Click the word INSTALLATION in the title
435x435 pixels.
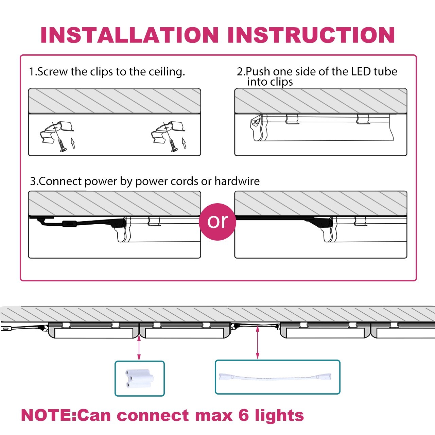(129, 35)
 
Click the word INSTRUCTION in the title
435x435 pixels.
(311, 35)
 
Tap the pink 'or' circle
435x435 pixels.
(217, 222)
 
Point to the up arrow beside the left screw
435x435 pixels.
(73, 143)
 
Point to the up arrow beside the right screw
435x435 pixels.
(184, 143)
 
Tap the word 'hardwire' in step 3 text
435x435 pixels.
(237, 181)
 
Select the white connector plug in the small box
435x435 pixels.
(139, 378)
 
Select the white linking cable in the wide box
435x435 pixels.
(277, 377)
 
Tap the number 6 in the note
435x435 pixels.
(244, 415)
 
